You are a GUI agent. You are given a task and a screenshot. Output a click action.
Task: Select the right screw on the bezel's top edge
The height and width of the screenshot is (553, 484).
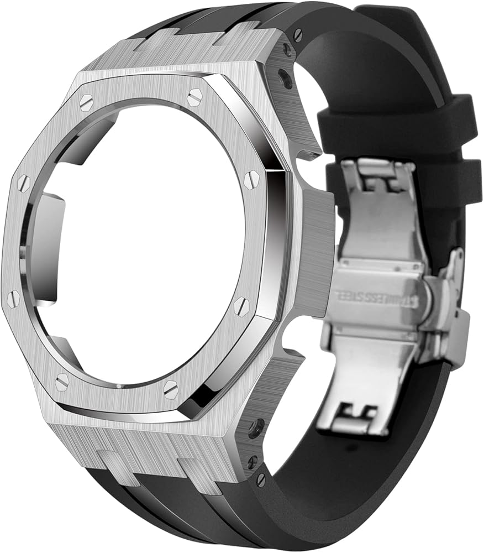[194, 98]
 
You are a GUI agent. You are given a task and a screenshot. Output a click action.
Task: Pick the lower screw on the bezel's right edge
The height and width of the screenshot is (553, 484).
[241, 306]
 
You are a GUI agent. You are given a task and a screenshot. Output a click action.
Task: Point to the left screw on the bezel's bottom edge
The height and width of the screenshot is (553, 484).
[62, 381]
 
